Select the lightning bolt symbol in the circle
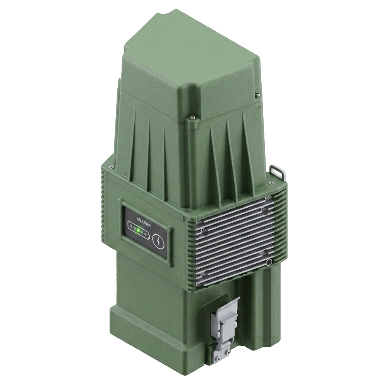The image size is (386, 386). click(x=157, y=241)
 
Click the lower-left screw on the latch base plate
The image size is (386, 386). click(x=217, y=357)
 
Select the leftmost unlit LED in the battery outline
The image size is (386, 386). click(x=131, y=226)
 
